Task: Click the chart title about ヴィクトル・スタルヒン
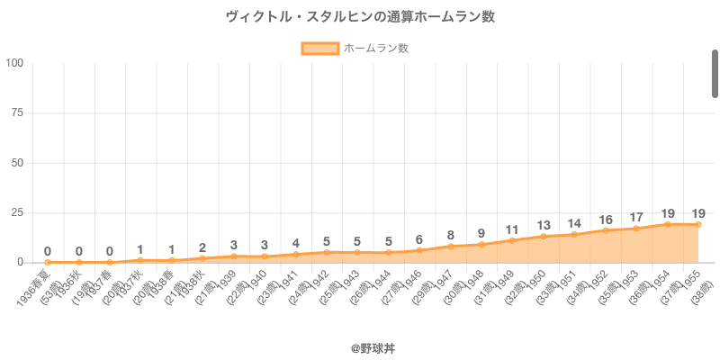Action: click(360, 17)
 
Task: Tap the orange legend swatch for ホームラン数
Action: click(319, 49)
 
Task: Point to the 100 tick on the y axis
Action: click(14, 63)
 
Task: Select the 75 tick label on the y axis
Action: click(17, 112)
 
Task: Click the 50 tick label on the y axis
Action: click(17, 163)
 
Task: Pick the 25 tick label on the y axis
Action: click(17, 212)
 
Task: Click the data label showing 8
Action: click(450, 236)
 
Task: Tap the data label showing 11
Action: click(512, 229)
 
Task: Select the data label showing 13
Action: click(544, 225)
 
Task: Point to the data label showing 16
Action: click(606, 220)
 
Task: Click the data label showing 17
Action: click(636, 217)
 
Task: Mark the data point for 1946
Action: click(419, 250)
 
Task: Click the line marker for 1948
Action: click(481, 244)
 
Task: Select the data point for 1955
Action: click(698, 224)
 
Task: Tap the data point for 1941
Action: click(295, 254)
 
